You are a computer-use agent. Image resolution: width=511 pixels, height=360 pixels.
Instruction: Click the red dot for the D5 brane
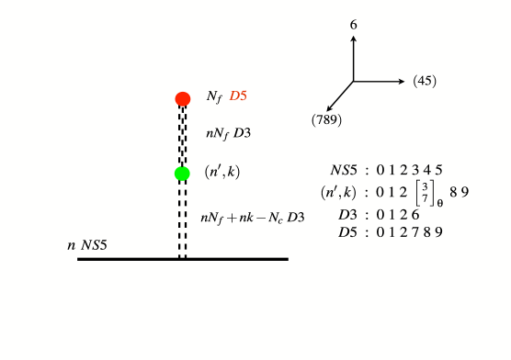point(182,98)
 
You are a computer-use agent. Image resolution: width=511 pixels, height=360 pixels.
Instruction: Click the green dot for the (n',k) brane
point(182,174)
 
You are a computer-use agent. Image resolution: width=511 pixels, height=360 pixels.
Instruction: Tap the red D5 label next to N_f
point(239,96)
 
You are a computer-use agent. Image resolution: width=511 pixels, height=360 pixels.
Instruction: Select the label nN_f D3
point(229,133)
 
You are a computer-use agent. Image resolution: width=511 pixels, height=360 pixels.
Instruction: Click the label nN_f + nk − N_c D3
point(253,218)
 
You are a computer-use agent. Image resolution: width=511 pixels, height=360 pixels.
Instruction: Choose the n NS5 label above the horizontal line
point(90,246)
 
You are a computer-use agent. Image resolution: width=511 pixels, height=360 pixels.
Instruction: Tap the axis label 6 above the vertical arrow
point(353,27)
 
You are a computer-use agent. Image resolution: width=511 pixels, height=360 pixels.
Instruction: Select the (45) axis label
point(425,81)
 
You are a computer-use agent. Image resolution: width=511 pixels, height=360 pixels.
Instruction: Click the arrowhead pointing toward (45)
point(402,82)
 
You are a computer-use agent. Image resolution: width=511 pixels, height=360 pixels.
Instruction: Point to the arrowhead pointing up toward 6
point(353,39)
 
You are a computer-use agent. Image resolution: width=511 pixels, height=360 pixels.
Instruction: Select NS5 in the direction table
point(348,170)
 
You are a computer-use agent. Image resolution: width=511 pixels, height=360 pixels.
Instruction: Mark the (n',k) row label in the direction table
point(339,193)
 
